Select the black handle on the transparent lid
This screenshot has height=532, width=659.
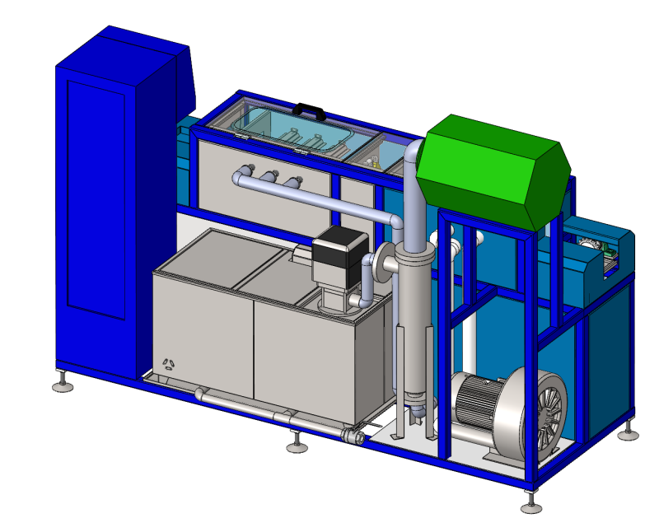(309, 109)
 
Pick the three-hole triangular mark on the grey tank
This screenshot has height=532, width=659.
(169, 364)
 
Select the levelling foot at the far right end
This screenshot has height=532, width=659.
(630, 430)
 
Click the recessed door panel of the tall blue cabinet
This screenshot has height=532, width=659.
(96, 198)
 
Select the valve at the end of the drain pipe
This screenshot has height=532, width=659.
(355, 436)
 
